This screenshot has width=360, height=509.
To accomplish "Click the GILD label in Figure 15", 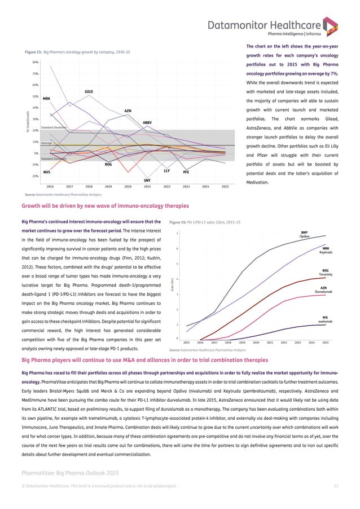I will [89, 91].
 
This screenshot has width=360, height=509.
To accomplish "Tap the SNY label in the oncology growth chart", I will [147, 179].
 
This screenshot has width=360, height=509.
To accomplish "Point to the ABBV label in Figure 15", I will [147, 122].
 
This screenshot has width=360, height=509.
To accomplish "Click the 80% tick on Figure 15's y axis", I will [35, 62].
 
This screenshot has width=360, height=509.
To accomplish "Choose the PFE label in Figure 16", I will [325, 317].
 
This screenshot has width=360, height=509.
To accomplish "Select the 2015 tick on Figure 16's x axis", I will [186, 343].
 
